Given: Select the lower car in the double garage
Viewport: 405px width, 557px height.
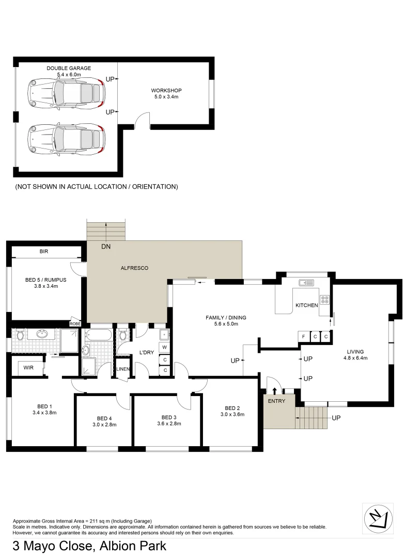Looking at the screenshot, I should click(67, 139).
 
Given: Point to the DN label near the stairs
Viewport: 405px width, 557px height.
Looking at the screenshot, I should click(106, 247).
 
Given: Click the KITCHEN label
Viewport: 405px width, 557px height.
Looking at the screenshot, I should click(306, 305).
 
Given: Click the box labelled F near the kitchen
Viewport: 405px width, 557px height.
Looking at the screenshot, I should click(305, 337).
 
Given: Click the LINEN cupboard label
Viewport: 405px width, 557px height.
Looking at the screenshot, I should click(122, 369).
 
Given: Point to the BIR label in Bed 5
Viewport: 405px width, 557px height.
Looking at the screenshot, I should click(44, 252).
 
